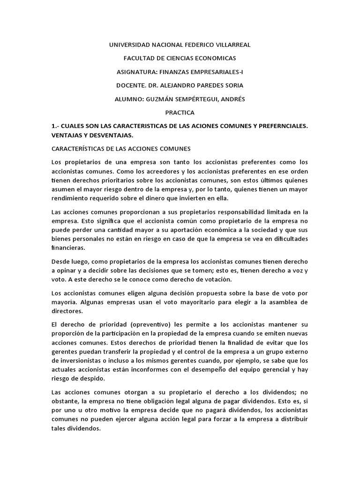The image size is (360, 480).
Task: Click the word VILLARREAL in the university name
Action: tap(232, 45)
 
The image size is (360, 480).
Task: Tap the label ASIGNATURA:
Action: tap(136, 72)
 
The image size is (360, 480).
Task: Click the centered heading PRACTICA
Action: tap(180, 113)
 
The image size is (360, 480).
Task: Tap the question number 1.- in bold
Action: tap(56, 127)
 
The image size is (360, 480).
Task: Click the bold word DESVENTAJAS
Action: tap(109, 135)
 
